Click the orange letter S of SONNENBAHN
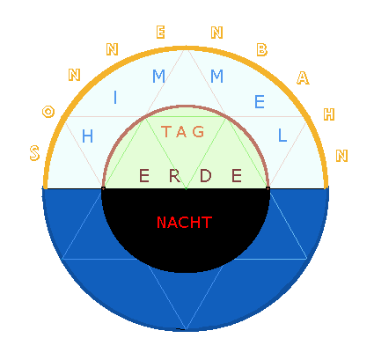34,153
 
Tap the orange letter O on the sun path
48,112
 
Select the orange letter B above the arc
262,49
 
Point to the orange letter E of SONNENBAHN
160,33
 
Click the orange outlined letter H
329,114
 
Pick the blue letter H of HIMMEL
87,136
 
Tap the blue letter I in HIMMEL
115,98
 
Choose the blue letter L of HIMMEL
282,136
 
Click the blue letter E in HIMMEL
260,102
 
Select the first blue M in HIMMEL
158,76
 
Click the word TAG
183,131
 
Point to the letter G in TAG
198,131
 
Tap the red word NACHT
184,223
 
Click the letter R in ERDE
175,176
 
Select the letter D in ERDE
206,176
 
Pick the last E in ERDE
237,176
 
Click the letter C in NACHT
185,223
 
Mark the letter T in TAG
166,131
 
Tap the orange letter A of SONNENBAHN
303,77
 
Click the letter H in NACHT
195,223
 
